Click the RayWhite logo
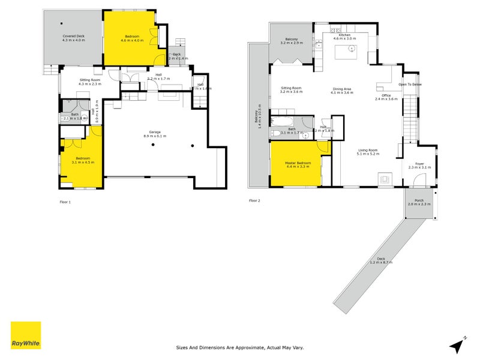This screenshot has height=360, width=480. click(x=26, y=335)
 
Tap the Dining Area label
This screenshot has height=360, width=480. click(x=343, y=91)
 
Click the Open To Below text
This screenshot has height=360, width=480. click(x=410, y=85)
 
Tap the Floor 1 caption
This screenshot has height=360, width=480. click(x=65, y=202)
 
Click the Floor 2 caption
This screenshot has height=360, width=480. click(x=254, y=200)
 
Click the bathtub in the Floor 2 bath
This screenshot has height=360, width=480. click(x=282, y=122)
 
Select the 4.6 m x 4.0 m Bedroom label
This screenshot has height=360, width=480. click(x=132, y=39)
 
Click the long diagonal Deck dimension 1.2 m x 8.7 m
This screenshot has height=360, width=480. click(x=380, y=261)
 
